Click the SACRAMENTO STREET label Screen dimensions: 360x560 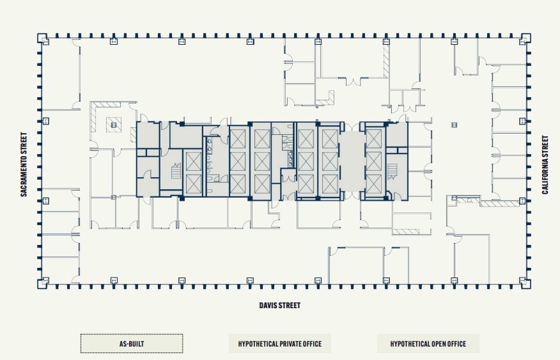coord(24,164)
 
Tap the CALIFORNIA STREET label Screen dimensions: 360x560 coord(545,164)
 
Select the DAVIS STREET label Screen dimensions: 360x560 coord(279,306)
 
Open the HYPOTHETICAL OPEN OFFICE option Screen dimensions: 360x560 coord(428,344)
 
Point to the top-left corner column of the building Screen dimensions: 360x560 coord(44,39)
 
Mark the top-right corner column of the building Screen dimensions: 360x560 coord(524,39)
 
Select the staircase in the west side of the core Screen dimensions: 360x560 coord(176,171)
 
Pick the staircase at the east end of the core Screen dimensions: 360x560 coord(393,171)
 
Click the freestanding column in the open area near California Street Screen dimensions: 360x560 coord(454,125)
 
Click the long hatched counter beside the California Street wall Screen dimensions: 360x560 coord(500,203)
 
